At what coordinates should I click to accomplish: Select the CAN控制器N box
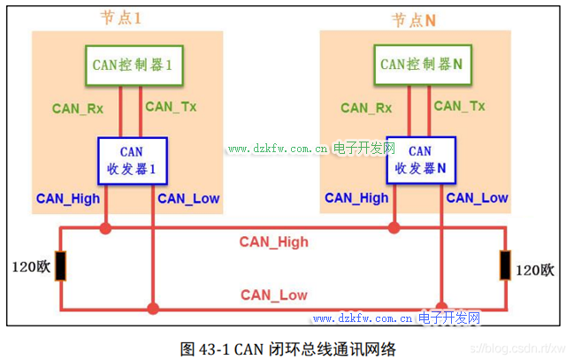[422, 65]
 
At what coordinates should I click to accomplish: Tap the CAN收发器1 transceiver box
[130, 160]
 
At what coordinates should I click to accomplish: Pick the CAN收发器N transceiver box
[419, 160]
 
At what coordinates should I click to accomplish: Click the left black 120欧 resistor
[59, 266]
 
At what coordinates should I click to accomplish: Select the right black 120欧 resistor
[504, 266]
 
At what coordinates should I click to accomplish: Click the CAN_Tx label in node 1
[171, 107]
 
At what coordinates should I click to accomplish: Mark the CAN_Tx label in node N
[459, 106]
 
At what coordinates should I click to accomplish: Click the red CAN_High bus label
[273, 241]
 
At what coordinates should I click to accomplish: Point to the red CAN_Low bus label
[274, 295]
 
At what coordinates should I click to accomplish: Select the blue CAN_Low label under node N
[477, 198]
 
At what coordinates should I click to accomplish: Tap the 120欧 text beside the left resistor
[29, 266]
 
